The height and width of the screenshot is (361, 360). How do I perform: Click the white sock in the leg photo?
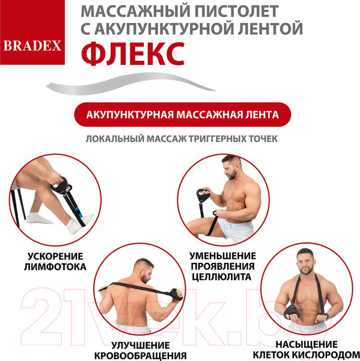pyautogui.click(x=73, y=225)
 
